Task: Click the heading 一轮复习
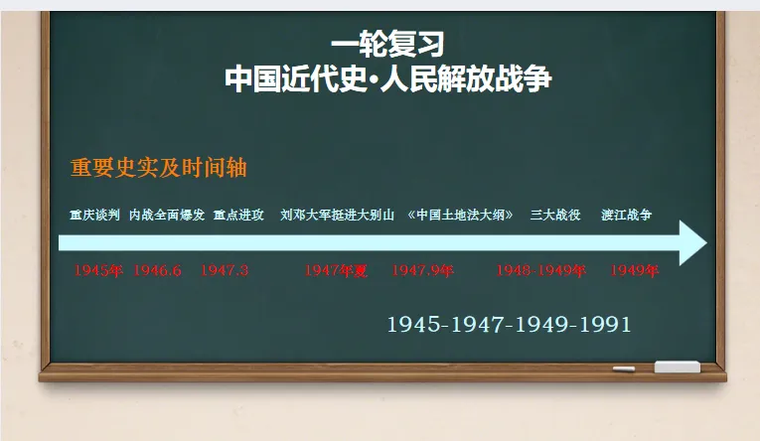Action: pos(387,44)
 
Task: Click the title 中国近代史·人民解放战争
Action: pos(387,77)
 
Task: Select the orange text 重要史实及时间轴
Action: pos(159,168)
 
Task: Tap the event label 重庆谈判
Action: pos(94,215)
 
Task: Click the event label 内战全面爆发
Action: pos(167,215)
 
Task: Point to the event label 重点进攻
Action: pos(238,215)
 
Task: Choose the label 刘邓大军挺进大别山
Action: pos(338,215)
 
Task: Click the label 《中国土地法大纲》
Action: pos(460,215)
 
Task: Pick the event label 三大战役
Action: pos(555,215)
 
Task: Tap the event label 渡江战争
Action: pos(627,215)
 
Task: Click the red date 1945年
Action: pos(98,270)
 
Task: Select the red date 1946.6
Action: pos(158,270)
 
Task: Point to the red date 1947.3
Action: pos(225,270)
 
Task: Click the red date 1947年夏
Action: pos(336,270)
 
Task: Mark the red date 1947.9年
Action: pos(422,270)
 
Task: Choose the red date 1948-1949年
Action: pos(541,270)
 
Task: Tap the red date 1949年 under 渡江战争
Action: pos(635,270)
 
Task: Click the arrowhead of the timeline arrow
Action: pos(691,243)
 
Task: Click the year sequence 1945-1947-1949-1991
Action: pos(509,325)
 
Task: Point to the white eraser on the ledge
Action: pos(677,367)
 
